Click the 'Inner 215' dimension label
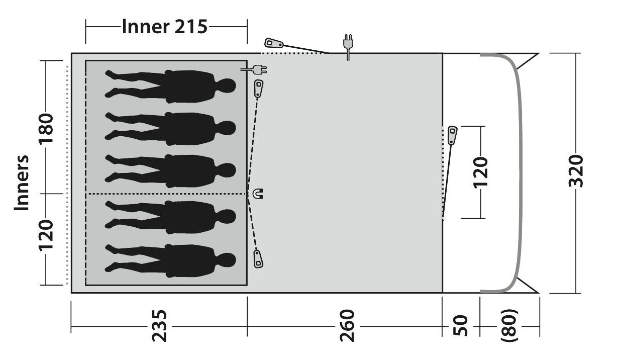tap(165, 26)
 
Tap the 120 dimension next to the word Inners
tap(46, 235)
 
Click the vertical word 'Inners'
tap(22, 183)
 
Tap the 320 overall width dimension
tap(577, 171)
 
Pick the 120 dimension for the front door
tap(481, 172)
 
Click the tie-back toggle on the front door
tap(452, 135)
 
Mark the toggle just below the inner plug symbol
tap(259, 88)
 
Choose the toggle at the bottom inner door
tap(259, 258)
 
